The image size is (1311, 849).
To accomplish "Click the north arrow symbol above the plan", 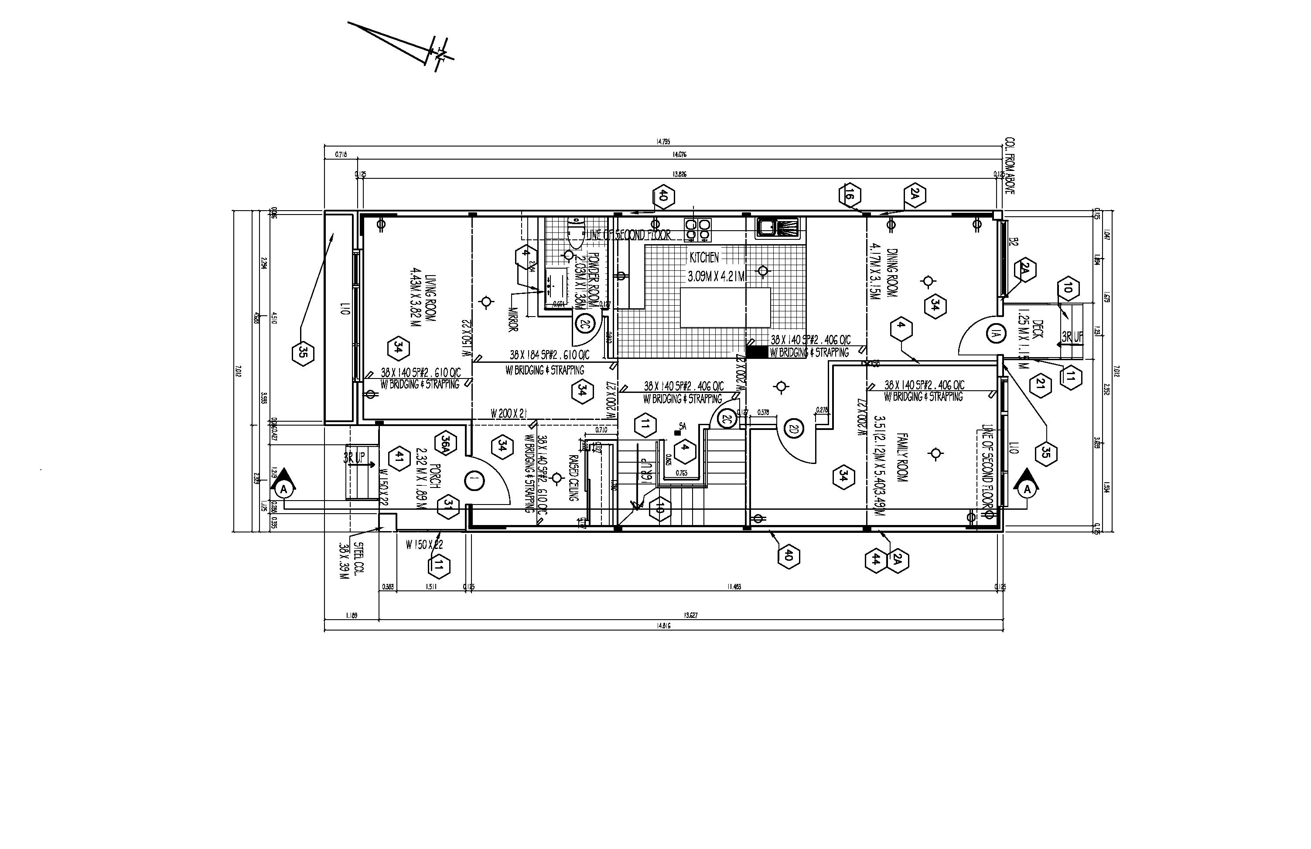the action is (x=424, y=50).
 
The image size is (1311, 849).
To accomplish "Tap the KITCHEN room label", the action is (x=704, y=257).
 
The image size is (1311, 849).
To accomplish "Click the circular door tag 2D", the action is (x=794, y=428).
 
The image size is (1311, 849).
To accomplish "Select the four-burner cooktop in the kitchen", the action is (x=697, y=230).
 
